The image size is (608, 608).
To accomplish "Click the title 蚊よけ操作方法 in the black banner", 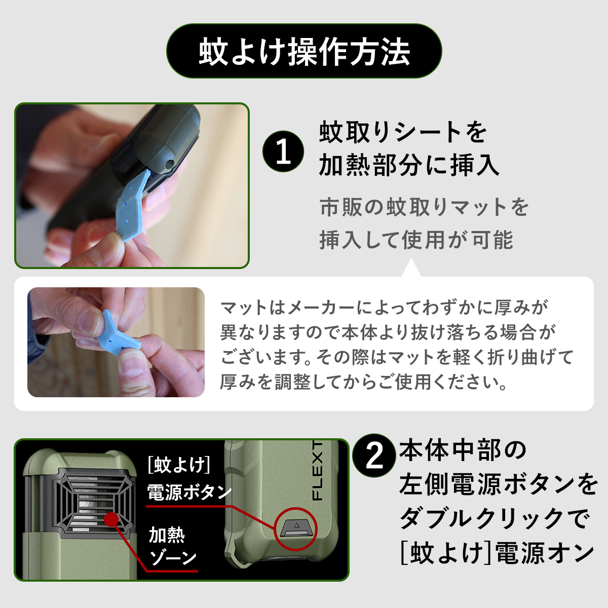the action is (304, 51).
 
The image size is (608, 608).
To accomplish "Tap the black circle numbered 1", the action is (283, 151).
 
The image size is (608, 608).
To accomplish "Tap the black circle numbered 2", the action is (374, 455).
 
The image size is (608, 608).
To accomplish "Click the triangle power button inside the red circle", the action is (295, 528).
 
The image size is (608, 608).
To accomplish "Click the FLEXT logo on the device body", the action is (317, 471).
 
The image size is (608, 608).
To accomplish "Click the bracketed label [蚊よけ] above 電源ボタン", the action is (179, 465).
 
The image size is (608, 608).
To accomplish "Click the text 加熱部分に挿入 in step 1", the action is (409, 166).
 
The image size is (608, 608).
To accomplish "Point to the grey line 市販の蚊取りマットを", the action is (424, 207).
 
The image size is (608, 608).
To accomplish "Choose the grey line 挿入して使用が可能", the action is (416, 240).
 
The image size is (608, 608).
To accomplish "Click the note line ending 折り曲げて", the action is (397, 357).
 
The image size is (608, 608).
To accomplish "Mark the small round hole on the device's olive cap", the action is (170, 164).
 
